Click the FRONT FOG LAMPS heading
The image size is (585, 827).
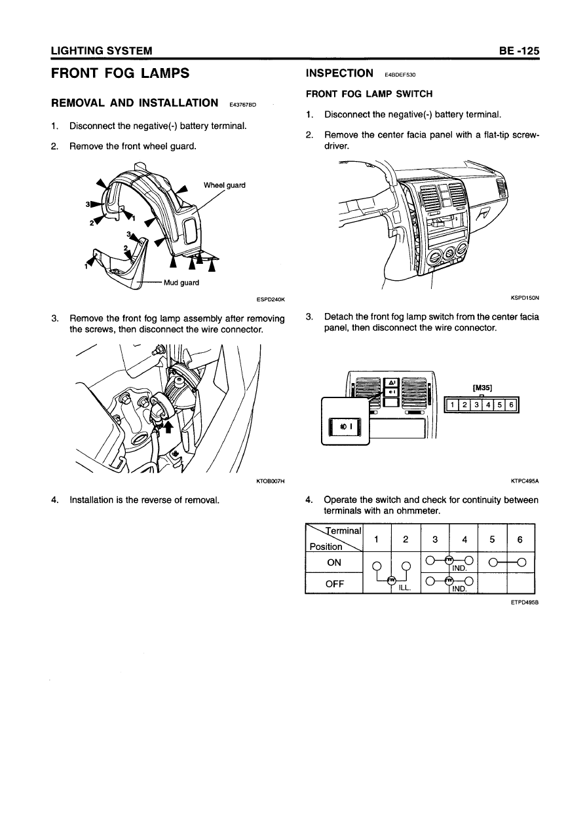[120, 73]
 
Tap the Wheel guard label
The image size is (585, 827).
[224, 185]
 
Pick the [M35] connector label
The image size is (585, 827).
[481, 387]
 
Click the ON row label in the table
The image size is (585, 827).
[334, 563]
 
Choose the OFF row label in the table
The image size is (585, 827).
[334, 583]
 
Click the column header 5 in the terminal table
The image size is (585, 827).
[493, 540]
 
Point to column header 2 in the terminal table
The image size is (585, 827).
[406, 540]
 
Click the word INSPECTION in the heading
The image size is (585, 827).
[339, 73]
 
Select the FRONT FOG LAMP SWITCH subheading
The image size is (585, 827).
[369, 94]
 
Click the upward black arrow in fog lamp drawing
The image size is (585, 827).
[168, 427]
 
